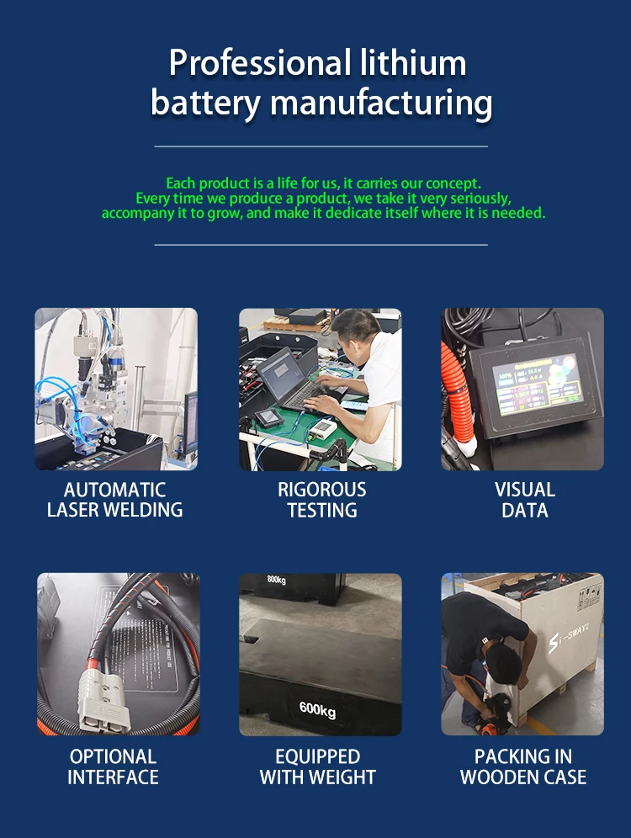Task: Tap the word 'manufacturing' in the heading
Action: [381, 103]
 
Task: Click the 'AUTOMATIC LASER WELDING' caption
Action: [115, 500]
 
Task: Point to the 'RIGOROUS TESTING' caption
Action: [322, 500]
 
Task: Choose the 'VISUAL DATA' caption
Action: [524, 500]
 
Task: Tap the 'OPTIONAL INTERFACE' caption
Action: [114, 766]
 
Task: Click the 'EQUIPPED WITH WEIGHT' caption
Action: [318, 766]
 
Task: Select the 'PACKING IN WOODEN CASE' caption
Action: [523, 766]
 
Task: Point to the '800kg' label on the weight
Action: [277, 580]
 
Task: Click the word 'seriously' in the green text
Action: [480, 199]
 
